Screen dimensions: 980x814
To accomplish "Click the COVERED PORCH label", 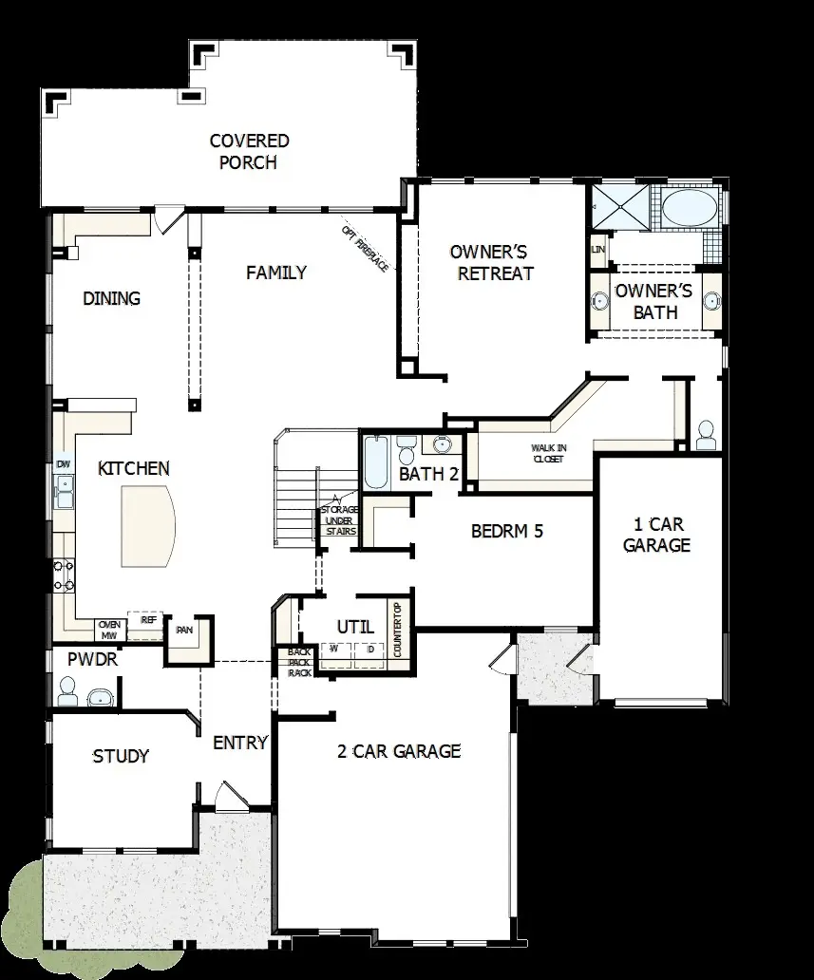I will click(x=249, y=152).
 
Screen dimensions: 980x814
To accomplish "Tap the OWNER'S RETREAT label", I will click(x=491, y=262).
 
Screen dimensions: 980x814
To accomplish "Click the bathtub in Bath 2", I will click(x=373, y=463).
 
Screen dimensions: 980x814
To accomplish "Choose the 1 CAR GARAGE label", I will click(x=655, y=535).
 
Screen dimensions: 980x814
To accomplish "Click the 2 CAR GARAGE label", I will click(x=399, y=751).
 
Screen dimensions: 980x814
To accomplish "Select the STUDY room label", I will click(x=121, y=756).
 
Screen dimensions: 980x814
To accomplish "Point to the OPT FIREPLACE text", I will click(x=365, y=250).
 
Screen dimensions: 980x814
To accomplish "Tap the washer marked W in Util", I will click(x=334, y=650).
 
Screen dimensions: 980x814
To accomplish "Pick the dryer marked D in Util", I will click(x=370, y=650).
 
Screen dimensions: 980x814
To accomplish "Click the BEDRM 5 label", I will click(x=507, y=531).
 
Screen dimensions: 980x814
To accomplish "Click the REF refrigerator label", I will click(x=148, y=619).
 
